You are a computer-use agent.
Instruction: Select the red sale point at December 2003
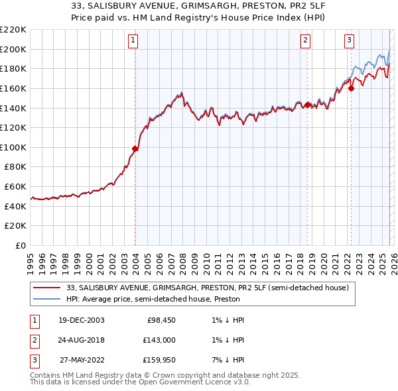(x=135, y=149)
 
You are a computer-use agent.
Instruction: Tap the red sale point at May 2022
(x=352, y=88)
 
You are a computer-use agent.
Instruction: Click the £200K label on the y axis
(x=15, y=49)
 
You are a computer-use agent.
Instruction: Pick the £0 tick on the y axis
(x=21, y=245)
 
